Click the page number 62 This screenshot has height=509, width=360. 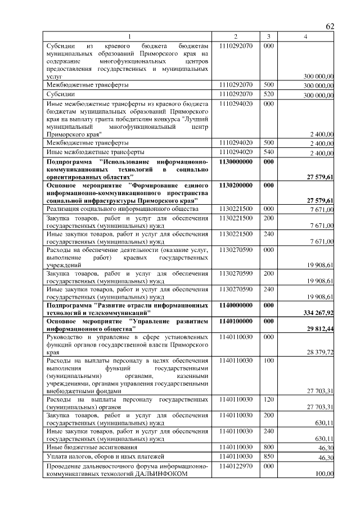point(330,26)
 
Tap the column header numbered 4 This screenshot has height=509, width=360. point(305,37)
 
